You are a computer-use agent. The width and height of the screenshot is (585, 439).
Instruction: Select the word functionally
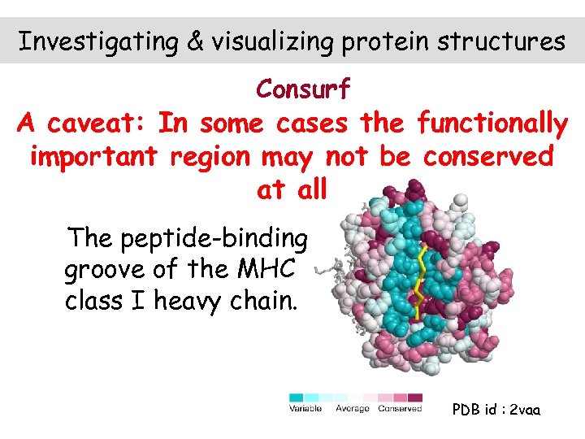492,124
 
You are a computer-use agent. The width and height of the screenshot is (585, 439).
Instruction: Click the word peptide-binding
214,239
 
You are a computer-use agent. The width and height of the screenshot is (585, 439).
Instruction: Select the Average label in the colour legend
353,408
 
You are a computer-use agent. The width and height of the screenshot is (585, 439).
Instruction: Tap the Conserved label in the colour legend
400,408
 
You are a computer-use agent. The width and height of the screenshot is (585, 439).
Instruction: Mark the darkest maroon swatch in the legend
416,398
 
